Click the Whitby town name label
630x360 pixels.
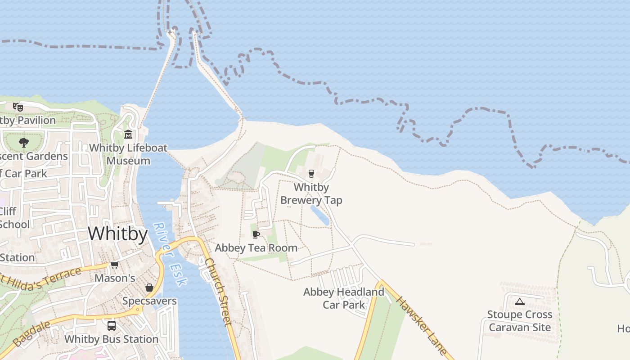pyautogui.click(x=117, y=234)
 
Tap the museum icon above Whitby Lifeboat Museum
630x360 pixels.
pyautogui.click(x=128, y=134)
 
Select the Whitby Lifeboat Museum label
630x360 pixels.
pyautogui.click(x=128, y=154)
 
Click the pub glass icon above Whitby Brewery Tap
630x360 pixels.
pyautogui.click(x=311, y=173)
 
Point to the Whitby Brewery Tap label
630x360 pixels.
pyautogui.click(x=311, y=193)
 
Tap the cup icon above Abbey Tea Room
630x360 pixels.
pyautogui.click(x=256, y=234)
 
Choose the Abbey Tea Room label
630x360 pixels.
pyautogui.click(x=256, y=247)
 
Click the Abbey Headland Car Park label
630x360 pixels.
pyautogui.click(x=344, y=298)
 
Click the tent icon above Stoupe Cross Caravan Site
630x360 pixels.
pyautogui.click(x=520, y=301)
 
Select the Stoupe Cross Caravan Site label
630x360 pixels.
pyautogui.click(x=520, y=320)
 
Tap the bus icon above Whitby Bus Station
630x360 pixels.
pyautogui.click(x=111, y=325)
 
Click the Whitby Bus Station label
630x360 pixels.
pyautogui.click(x=111, y=339)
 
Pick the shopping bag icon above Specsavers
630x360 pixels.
pyautogui.click(x=149, y=288)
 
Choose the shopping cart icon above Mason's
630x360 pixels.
pyautogui.click(x=114, y=265)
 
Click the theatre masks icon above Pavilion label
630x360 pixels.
pyautogui.click(x=18, y=107)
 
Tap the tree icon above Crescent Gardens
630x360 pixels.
pyautogui.click(x=23, y=143)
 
